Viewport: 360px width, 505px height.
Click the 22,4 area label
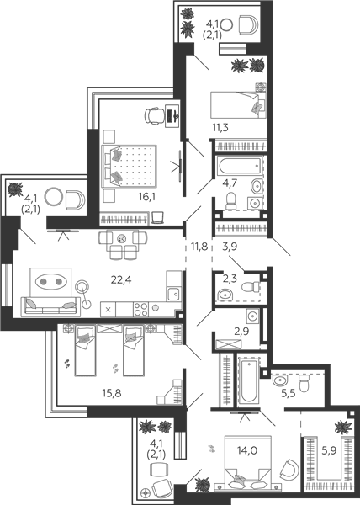(x=121, y=280)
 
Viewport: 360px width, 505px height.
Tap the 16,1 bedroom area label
(x=146, y=197)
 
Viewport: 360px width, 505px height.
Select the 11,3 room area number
(x=220, y=128)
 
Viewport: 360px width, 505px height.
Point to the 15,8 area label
(x=112, y=393)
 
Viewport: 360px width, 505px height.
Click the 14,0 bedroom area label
(x=247, y=450)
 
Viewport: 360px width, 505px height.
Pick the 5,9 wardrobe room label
(x=329, y=450)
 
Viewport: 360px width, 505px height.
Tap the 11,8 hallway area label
(x=199, y=247)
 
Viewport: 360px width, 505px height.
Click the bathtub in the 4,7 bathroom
(x=239, y=166)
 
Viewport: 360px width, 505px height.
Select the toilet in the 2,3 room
(x=251, y=286)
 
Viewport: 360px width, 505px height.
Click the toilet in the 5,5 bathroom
(x=304, y=382)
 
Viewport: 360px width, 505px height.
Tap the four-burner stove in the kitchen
(x=140, y=310)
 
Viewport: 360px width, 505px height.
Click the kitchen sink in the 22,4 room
(x=174, y=294)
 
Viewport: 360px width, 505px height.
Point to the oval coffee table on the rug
(x=50, y=282)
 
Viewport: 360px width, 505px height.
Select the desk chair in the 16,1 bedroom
(x=154, y=115)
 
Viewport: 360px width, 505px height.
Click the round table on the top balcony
(x=227, y=24)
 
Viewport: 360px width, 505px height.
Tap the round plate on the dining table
(x=122, y=239)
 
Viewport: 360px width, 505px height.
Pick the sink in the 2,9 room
(x=252, y=316)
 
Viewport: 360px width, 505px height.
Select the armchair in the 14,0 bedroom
(x=289, y=470)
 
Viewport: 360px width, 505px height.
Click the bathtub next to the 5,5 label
(x=248, y=380)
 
